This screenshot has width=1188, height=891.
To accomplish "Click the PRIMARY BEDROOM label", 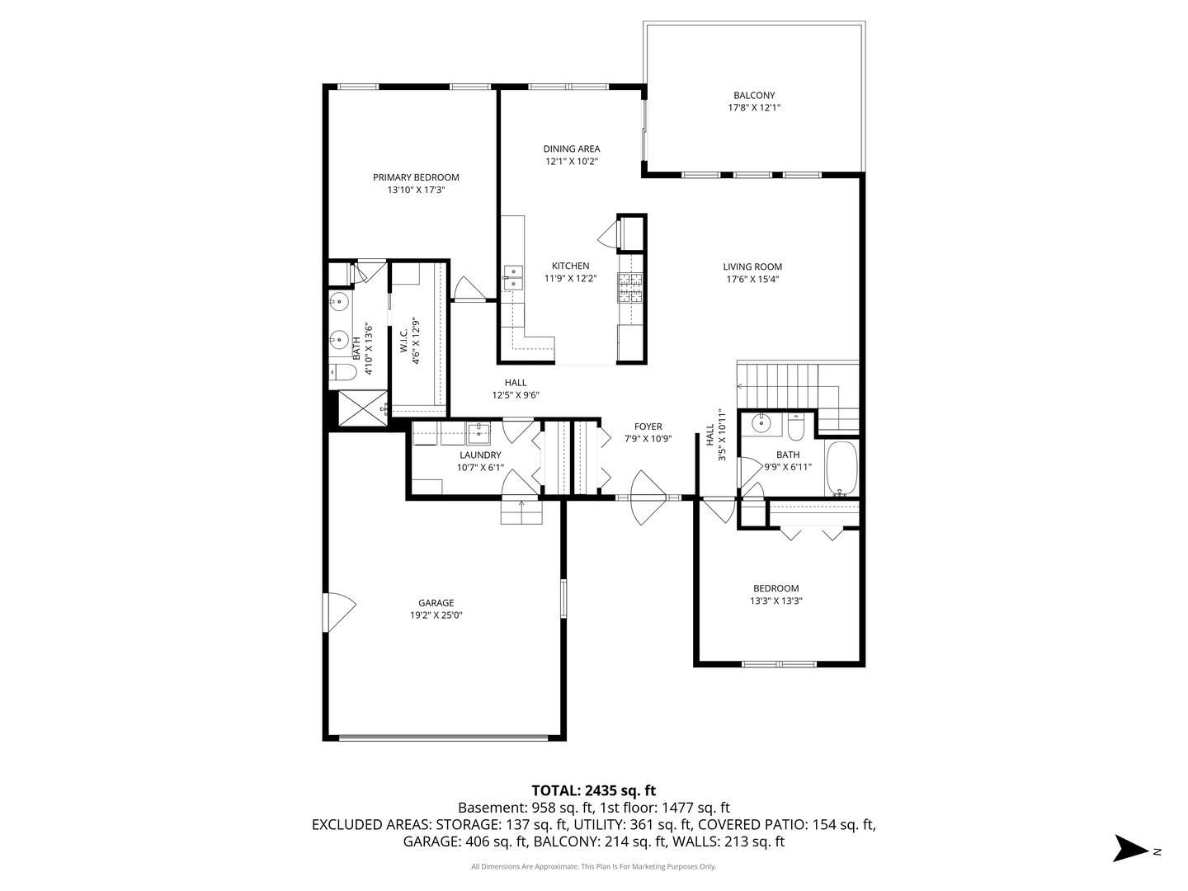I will [416, 177].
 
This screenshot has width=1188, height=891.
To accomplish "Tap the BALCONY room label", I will [754, 96].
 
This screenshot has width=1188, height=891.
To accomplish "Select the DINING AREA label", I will [571, 149].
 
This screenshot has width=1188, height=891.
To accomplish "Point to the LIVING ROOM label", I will [752, 266].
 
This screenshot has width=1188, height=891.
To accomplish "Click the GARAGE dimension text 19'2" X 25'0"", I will [436, 615].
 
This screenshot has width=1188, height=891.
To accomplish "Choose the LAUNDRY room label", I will [480, 455].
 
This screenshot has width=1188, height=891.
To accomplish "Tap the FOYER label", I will [648, 427].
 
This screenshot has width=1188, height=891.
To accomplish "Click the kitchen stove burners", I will [630, 290].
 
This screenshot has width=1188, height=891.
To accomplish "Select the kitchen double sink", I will [513, 277].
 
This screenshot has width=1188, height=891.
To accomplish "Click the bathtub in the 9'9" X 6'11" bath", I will [841, 468].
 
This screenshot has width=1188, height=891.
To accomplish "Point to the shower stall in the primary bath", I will [361, 408].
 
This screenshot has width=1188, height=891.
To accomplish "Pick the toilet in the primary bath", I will [342, 373].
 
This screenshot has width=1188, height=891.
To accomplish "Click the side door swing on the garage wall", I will [340, 612].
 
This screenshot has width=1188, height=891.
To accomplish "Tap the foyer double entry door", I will [648, 498].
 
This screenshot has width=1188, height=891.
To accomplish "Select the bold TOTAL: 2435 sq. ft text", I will [593, 790].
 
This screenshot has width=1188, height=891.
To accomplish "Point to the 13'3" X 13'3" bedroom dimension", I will [775, 601].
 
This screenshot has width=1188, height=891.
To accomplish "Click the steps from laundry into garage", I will [521, 511].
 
